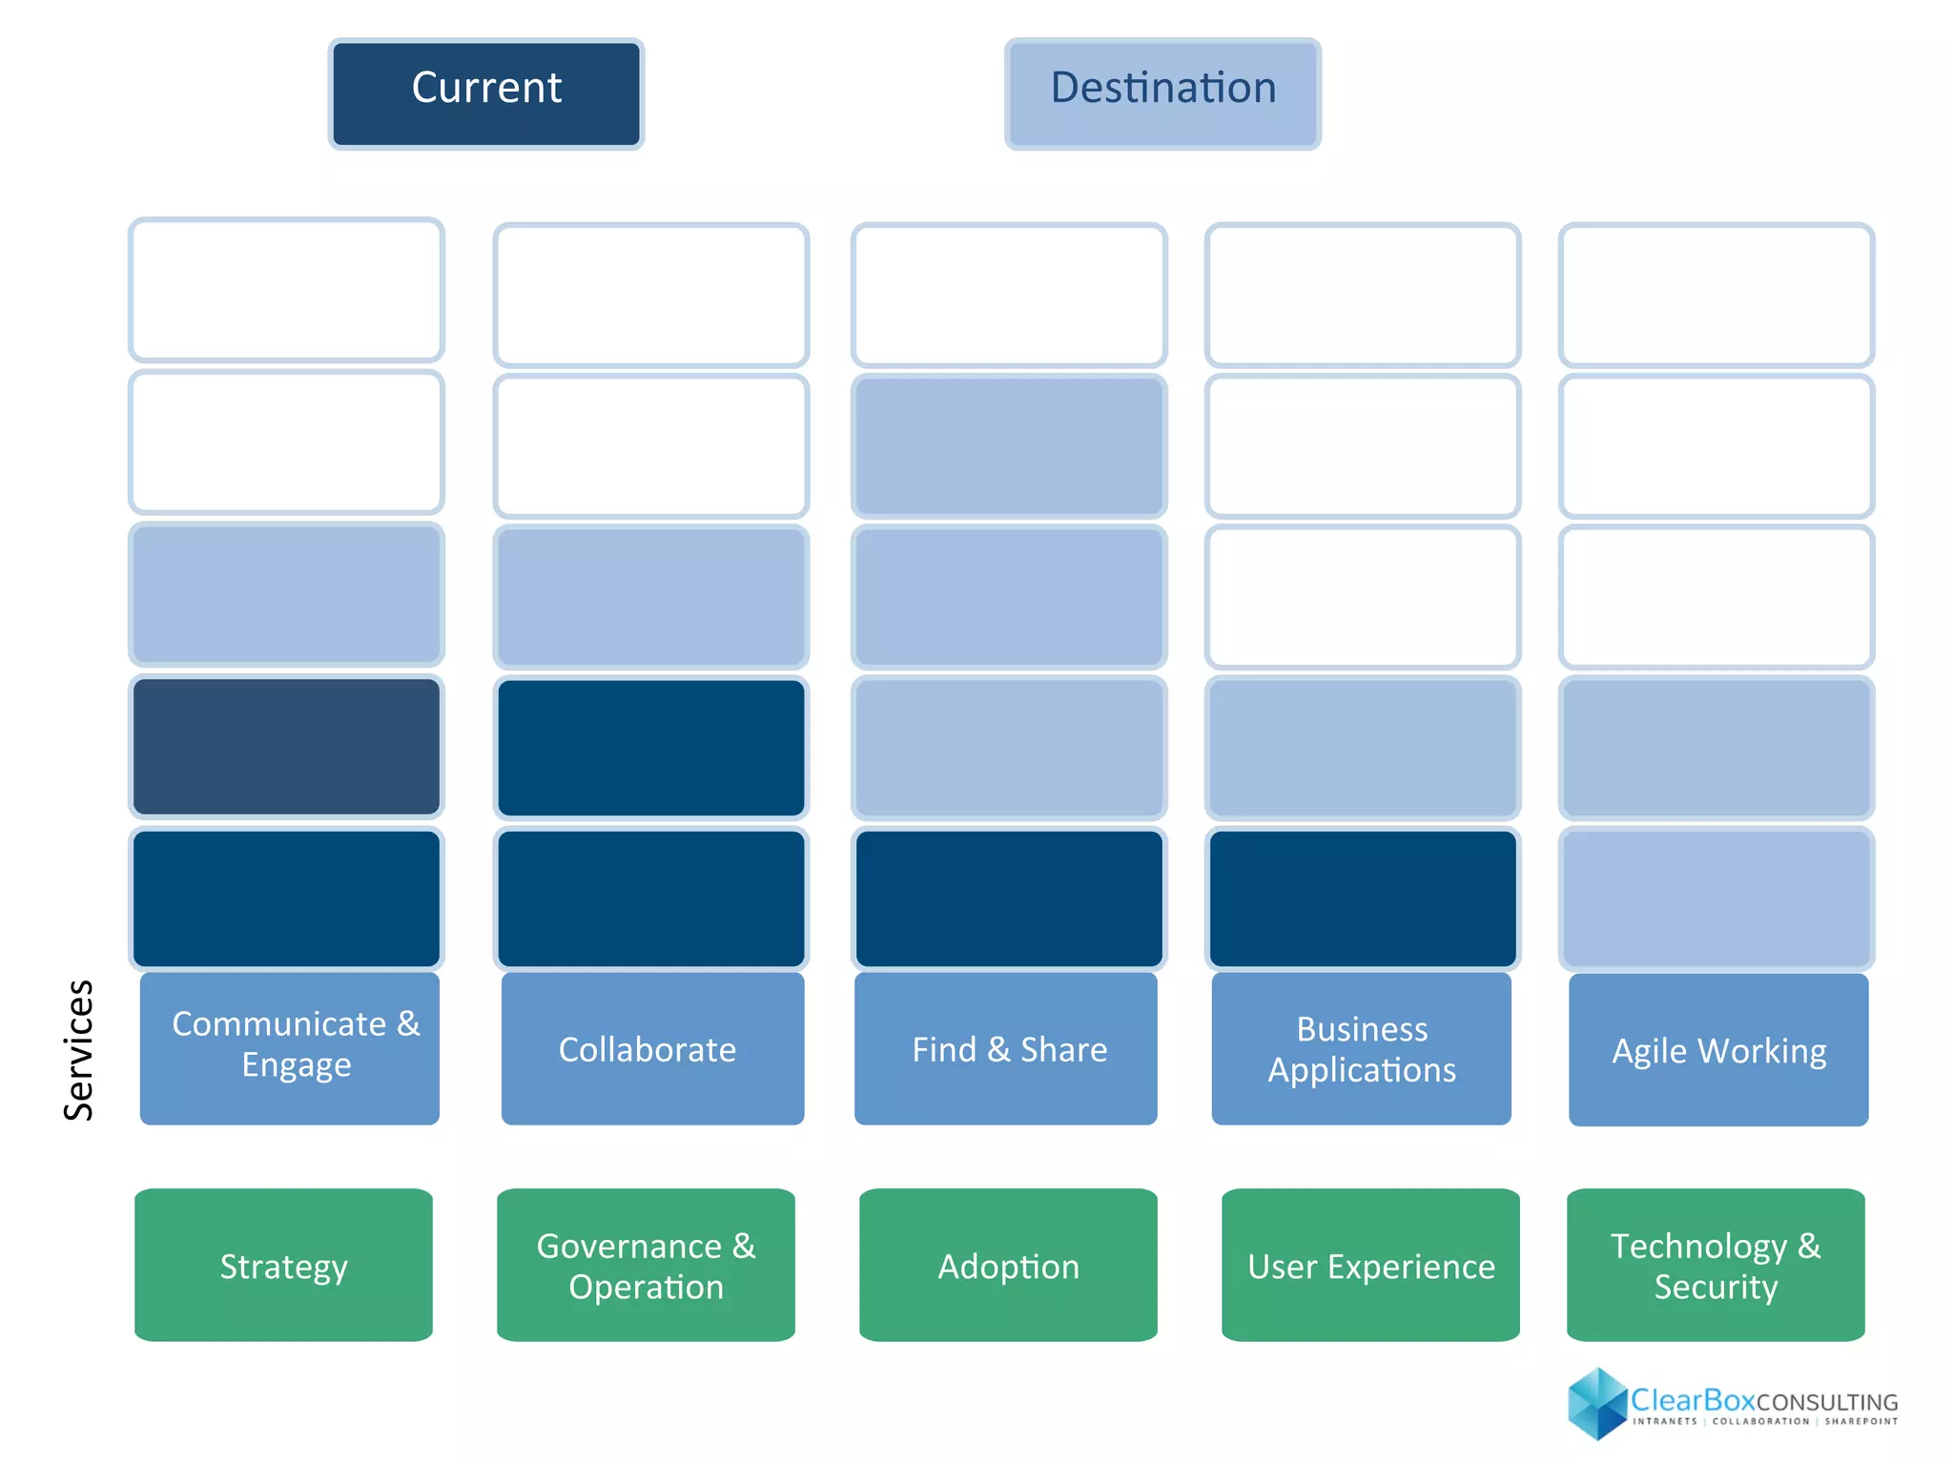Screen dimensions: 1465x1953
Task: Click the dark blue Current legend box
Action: (486, 93)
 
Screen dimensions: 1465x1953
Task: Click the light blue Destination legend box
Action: (1162, 93)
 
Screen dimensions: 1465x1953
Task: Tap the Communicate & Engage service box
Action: (289, 1047)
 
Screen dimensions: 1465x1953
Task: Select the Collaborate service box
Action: (652, 1047)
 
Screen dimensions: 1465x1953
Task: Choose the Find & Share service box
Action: (1006, 1047)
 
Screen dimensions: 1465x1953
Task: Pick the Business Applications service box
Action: (1361, 1047)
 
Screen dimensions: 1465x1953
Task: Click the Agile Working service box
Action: (1717, 1049)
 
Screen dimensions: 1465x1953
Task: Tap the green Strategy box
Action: (283, 1265)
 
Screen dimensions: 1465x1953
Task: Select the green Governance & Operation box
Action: (646, 1265)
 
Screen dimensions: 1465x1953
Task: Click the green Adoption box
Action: (1008, 1265)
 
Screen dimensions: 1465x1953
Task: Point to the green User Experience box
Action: (1370, 1265)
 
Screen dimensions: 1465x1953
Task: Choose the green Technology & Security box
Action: (1716, 1265)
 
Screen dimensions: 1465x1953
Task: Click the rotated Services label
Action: (78, 1049)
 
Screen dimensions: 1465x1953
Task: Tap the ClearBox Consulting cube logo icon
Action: (1596, 1403)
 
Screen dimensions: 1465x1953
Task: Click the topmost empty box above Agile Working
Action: (1716, 295)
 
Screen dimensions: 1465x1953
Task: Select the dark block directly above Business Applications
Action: (1362, 898)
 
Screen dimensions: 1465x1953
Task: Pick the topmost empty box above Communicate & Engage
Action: (286, 289)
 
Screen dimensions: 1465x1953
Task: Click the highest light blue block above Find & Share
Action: (1009, 445)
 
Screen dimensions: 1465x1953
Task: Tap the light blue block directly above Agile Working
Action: (1716, 898)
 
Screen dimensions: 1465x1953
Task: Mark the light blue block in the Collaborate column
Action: (651, 596)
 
